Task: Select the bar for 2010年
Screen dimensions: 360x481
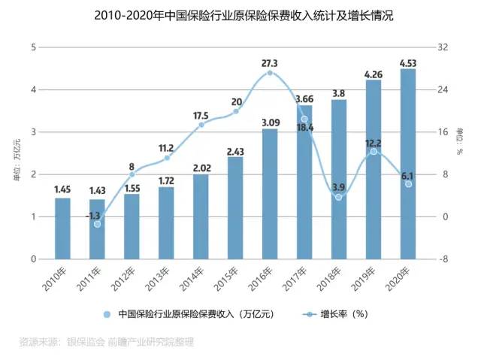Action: coord(62,228)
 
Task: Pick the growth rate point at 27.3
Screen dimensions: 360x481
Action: coord(270,72)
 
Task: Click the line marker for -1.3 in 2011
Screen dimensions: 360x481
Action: coord(97,224)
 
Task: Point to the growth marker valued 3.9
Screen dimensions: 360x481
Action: coord(338,197)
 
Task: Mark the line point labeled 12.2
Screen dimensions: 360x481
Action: coord(374,152)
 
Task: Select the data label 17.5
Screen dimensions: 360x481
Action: coord(201,116)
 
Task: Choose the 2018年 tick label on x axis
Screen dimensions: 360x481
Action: coord(334,280)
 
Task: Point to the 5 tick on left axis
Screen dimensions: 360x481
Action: coord(33,47)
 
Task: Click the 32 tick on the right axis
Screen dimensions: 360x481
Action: coord(442,47)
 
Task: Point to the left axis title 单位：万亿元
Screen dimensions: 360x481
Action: coord(14,154)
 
